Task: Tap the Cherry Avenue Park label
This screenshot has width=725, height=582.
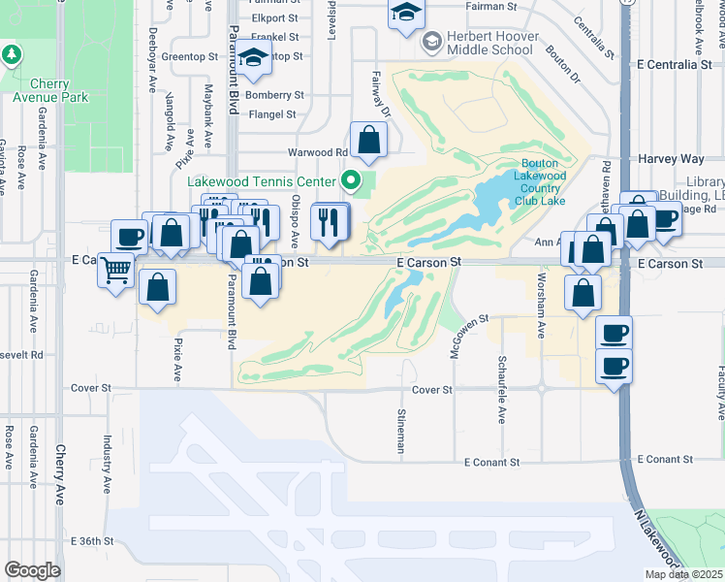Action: [x=50, y=90]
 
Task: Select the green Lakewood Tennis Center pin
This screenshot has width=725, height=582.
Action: [x=353, y=179]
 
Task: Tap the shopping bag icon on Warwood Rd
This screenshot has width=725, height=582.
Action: [x=369, y=142]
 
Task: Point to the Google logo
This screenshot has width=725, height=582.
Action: [x=32, y=570]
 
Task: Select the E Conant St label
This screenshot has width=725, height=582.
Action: [x=499, y=462]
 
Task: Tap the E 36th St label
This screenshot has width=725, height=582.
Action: [x=99, y=540]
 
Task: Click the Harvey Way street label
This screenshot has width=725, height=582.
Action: [x=671, y=158]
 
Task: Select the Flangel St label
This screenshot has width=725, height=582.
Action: [x=272, y=114]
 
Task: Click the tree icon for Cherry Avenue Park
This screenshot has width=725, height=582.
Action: [x=12, y=53]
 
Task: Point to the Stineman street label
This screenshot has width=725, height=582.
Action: [x=399, y=431]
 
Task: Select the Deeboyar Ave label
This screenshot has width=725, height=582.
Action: [x=152, y=67]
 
